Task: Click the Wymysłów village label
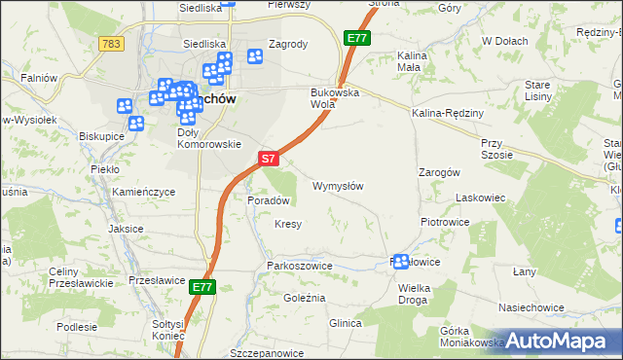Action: (338, 186)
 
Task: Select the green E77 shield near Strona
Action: (356, 38)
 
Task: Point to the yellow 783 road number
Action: (111, 44)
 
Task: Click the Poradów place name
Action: (269, 200)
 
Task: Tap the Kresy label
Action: (288, 224)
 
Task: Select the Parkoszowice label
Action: (293, 265)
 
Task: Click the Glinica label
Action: (346, 323)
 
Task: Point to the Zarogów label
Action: (438, 171)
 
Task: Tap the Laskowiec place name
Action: (481, 198)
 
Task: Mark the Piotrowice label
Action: (445, 222)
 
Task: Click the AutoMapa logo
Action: (556, 342)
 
